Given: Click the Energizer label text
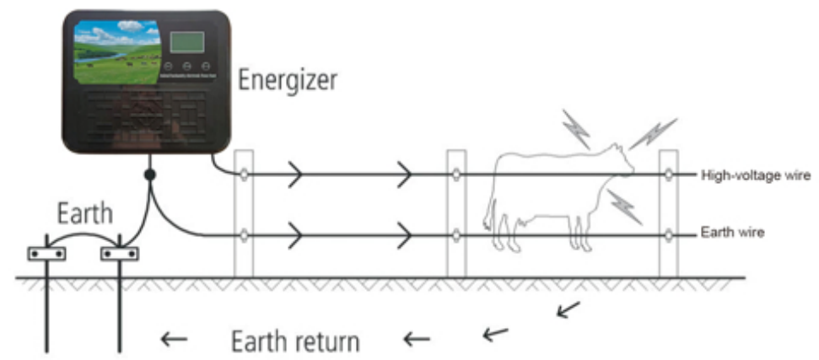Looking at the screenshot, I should (288, 80).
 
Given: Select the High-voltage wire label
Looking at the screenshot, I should (756, 175).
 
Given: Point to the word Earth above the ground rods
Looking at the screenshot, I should (84, 214).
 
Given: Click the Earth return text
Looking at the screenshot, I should (295, 341).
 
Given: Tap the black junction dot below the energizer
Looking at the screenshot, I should (150, 175).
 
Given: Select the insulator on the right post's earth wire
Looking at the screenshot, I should (668, 233).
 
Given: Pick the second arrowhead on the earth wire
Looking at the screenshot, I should (406, 233).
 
